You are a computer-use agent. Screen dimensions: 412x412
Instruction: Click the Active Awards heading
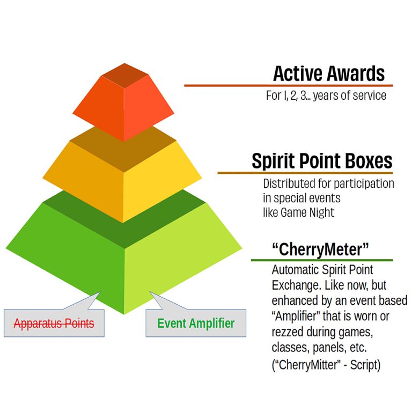329,73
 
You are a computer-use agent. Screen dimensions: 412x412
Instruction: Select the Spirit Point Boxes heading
322,160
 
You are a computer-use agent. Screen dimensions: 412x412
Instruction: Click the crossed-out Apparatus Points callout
54,323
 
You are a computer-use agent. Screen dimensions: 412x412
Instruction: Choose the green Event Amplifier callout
196,323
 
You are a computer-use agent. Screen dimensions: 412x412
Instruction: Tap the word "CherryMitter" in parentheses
306,365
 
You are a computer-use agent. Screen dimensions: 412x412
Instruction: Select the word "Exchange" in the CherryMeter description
294,284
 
